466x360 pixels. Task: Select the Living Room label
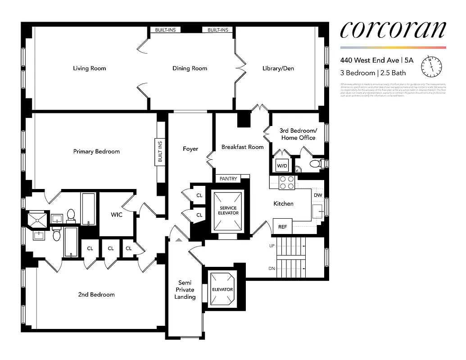click(x=90, y=68)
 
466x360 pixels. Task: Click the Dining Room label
click(x=190, y=68)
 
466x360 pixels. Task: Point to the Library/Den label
click(x=278, y=68)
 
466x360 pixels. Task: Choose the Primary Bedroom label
click(x=96, y=152)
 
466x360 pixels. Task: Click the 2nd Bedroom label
click(x=96, y=295)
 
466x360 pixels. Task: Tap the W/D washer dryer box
click(x=282, y=166)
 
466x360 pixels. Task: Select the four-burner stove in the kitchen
click(x=287, y=182)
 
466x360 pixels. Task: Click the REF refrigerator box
click(x=282, y=227)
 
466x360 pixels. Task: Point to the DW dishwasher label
click(x=317, y=195)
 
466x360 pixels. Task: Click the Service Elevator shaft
click(x=228, y=210)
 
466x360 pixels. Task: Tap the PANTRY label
click(x=228, y=179)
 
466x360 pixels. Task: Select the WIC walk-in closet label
click(x=116, y=215)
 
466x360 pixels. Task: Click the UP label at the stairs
click(x=271, y=246)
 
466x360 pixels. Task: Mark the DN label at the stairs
click(x=271, y=269)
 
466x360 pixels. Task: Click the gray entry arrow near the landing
click(x=179, y=240)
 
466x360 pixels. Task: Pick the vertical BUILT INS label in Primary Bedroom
click(x=160, y=152)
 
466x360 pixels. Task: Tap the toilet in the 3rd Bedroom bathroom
click(x=315, y=164)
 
